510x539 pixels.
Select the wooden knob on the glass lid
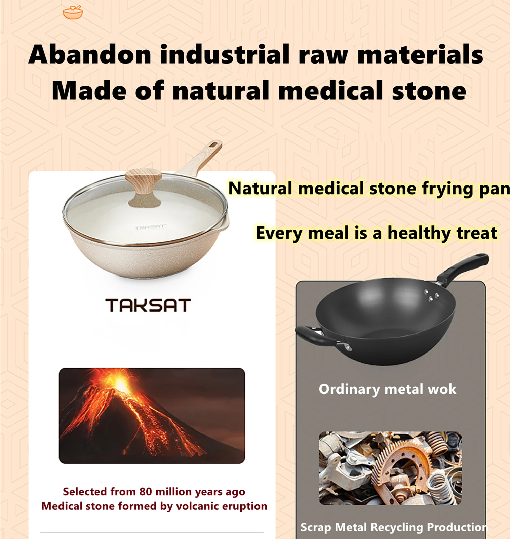(144, 181)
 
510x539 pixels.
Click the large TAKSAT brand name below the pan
(148, 305)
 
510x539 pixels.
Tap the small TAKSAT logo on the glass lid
(150, 227)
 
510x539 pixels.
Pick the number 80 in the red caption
(146, 492)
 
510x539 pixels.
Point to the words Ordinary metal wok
(387, 389)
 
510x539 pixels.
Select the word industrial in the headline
(225, 54)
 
